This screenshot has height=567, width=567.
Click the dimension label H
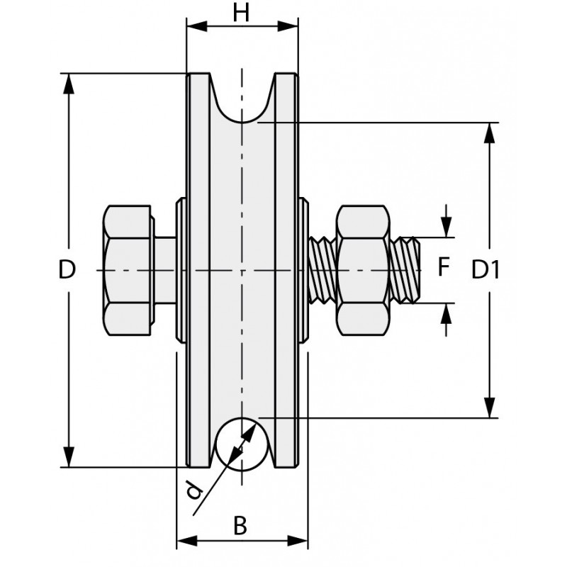pyautogui.click(x=241, y=12)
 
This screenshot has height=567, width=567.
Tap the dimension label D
pyautogui.click(x=67, y=270)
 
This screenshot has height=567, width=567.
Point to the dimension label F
pyautogui.click(x=444, y=267)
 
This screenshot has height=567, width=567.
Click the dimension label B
pyautogui.click(x=240, y=526)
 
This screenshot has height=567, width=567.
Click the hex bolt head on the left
pyautogui.click(x=128, y=270)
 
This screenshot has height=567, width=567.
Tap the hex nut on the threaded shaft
pyautogui.click(x=364, y=270)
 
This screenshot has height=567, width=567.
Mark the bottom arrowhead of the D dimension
pyautogui.click(x=68, y=456)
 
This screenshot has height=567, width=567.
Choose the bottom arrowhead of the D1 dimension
pyautogui.click(x=489, y=408)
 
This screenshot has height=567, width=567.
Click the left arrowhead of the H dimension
pyautogui.click(x=196, y=26)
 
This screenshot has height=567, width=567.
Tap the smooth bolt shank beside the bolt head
pyautogui.click(x=167, y=270)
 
